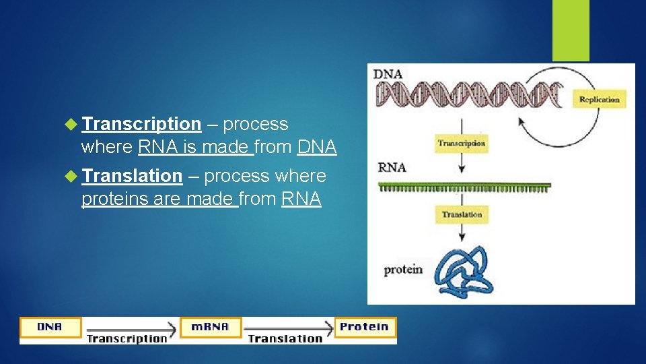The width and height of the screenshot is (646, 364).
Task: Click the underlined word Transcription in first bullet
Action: (141, 124)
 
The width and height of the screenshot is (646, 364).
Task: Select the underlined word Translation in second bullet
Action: (132, 176)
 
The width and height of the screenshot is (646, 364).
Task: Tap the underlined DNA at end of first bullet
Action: (316, 147)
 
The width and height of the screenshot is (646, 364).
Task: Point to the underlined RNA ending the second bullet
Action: (301, 199)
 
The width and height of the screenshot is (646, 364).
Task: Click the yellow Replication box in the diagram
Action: (599, 100)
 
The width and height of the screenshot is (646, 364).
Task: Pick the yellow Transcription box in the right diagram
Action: (461, 143)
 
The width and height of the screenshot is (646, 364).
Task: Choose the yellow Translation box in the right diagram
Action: (462, 214)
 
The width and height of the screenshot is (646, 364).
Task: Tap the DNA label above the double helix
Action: (388, 73)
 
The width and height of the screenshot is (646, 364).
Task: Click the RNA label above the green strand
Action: (392, 168)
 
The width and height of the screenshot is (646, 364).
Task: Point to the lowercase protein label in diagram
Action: (403, 270)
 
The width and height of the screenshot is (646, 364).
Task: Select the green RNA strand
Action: (464, 187)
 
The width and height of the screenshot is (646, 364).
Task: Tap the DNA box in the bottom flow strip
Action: (50, 328)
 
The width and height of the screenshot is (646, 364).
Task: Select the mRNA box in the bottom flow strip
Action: (210, 328)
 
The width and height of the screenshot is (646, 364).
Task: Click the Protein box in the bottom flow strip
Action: (365, 327)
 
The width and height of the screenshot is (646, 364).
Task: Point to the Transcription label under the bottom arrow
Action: (127, 339)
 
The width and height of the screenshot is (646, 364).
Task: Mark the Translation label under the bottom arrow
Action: (285, 339)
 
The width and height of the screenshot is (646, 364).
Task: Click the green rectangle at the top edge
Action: (571, 30)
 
